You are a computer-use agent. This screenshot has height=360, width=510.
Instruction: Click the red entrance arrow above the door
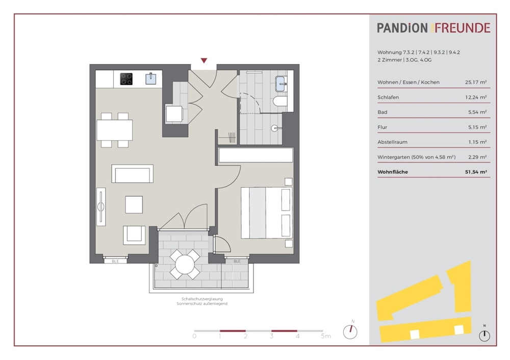point(204,61)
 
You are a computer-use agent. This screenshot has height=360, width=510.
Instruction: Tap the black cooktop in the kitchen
point(126,79)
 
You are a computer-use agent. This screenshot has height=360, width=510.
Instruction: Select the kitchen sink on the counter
point(150,79)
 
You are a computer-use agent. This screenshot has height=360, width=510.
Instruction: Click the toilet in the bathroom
point(280,101)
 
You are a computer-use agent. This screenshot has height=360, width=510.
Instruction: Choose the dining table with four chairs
point(114,130)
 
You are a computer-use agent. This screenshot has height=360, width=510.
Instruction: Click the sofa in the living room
point(133,174)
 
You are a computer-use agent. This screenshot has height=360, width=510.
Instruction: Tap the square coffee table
point(134,204)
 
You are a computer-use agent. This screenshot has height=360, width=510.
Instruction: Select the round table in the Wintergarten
point(185,264)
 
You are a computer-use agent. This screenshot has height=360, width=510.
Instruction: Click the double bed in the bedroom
point(266,213)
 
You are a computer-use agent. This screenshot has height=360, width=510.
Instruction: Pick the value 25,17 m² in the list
point(476,82)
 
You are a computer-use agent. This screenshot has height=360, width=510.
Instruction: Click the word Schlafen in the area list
point(388,97)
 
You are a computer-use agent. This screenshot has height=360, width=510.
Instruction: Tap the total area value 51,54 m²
point(476,172)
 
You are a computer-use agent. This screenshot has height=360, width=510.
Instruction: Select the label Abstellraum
point(392,142)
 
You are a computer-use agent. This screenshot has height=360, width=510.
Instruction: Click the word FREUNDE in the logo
point(463,28)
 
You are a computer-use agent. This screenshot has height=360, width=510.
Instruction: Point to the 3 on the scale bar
point(271,336)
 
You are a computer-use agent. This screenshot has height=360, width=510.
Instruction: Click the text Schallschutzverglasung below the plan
point(202,299)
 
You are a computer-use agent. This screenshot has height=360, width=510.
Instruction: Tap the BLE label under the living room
point(115,261)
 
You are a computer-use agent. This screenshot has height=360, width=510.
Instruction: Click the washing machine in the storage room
point(174,114)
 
